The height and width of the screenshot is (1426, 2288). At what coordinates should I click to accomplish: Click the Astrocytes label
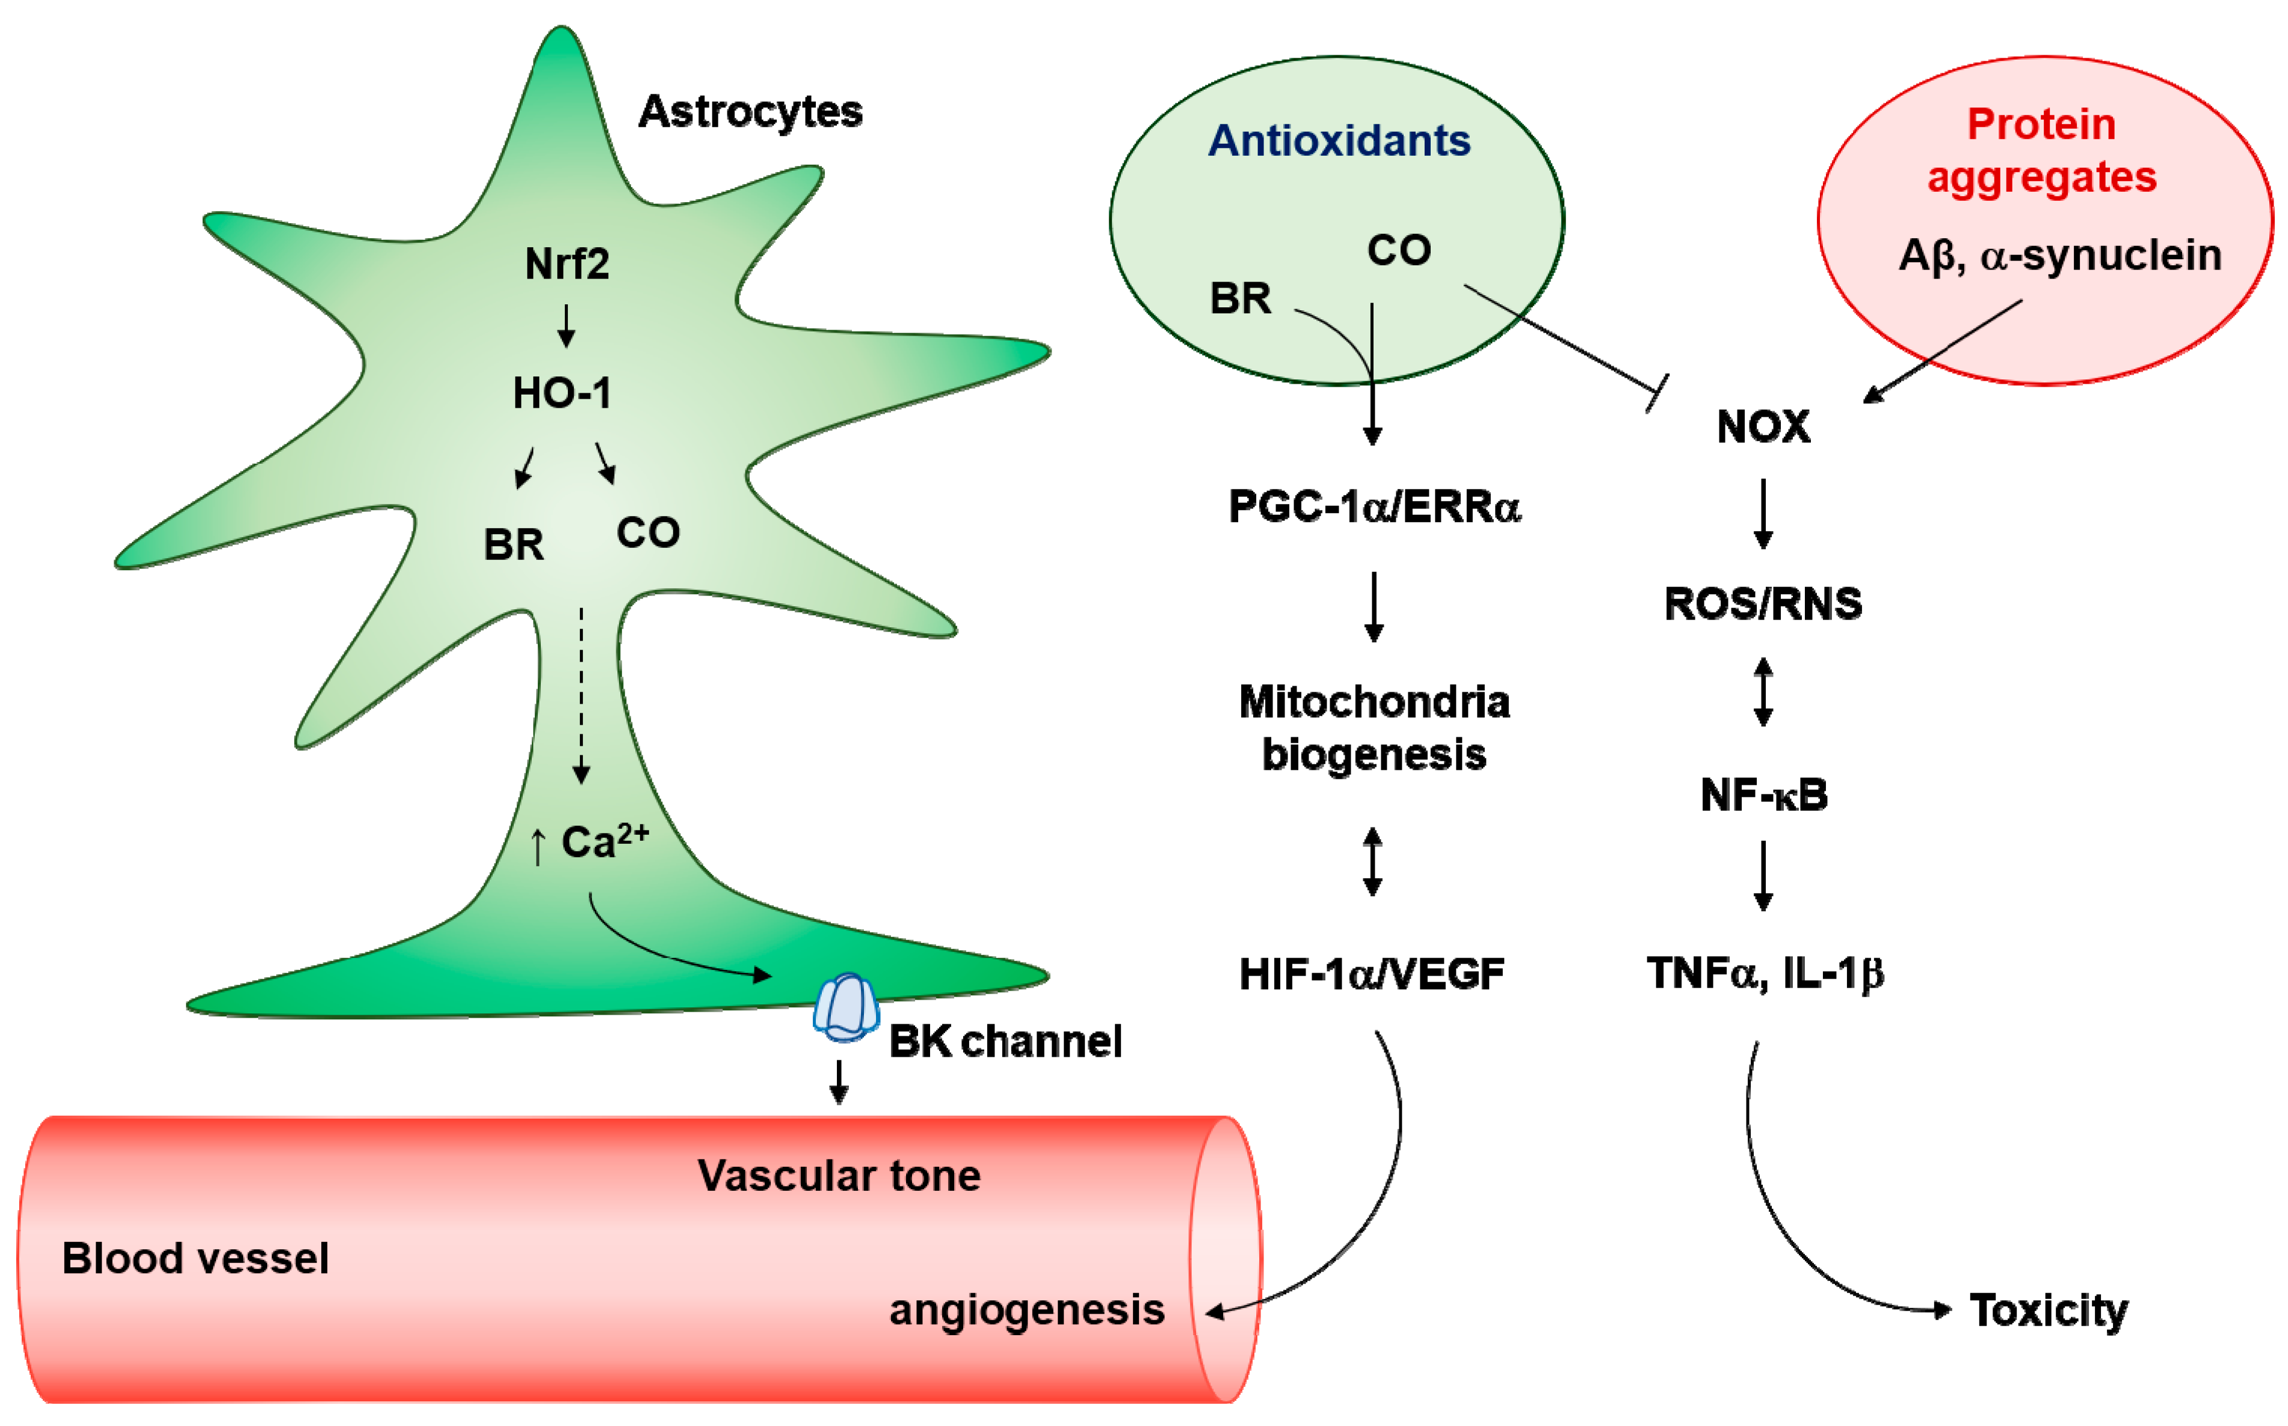[x=750, y=111]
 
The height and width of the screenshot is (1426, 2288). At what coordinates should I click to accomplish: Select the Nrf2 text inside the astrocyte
[x=567, y=263]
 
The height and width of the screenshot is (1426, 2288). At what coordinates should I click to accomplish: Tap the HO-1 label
[x=563, y=392]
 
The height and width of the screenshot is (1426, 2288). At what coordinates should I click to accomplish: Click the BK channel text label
[x=1005, y=1041]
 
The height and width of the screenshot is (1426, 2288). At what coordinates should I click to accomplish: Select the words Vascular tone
[x=839, y=1175]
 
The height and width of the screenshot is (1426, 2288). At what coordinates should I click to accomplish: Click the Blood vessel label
[x=196, y=1258]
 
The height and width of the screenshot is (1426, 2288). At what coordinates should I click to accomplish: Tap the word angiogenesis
[x=1026, y=1309]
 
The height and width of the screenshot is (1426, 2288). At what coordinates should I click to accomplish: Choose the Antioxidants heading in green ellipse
[x=1339, y=141]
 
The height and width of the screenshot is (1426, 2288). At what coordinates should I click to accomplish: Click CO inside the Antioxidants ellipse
[x=1399, y=251]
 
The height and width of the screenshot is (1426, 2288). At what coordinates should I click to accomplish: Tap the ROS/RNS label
[x=1762, y=604]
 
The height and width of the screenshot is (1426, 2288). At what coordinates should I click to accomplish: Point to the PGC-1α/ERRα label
[x=1374, y=506]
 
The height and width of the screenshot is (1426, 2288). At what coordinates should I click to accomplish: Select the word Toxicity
[x=2049, y=1310]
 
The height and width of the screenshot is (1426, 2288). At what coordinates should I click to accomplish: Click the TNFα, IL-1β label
[x=1765, y=973]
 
